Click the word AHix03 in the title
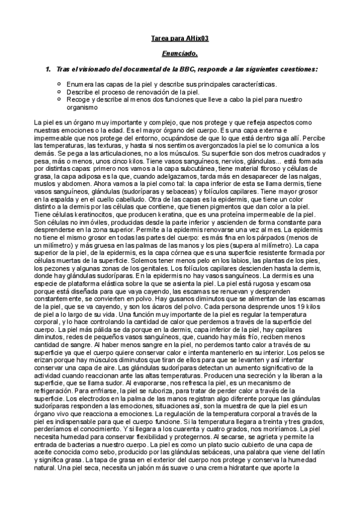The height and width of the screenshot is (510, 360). (x=196, y=40)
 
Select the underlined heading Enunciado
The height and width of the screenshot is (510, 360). (x=180, y=54)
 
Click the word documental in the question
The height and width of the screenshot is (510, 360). (x=129, y=69)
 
